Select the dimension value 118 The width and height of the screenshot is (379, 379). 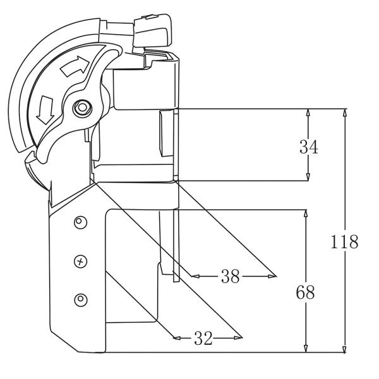(345, 241)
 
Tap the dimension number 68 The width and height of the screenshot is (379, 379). (306, 292)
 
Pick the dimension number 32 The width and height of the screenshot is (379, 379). (202, 338)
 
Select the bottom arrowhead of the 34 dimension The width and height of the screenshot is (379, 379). (308, 177)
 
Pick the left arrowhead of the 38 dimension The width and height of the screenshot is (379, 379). (195, 276)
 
